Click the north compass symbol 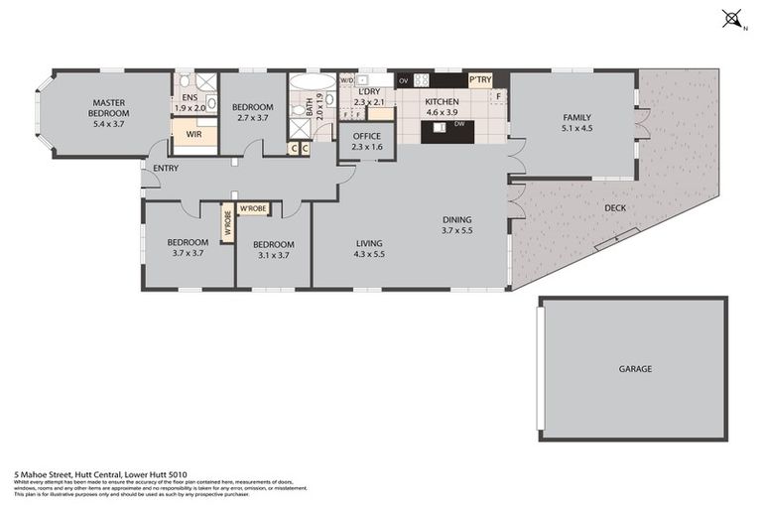(x=732, y=19)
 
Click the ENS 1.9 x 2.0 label (x=190, y=103)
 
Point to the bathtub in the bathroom (x=313, y=81)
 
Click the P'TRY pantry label (x=480, y=80)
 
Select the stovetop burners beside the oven (x=422, y=80)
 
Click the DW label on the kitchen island (x=459, y=124)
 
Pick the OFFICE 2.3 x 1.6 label (x=366, y=141)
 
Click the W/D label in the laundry (x=347, y=79)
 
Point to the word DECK (x=615, y=208)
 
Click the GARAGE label (x=635, y=369)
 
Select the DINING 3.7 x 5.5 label (x=456, y=224)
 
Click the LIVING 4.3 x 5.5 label (x=369, y=248)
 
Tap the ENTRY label (x=166, y=169)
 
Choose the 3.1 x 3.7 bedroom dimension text (x=273, y=255)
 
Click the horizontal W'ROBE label (x=253, y=208)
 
